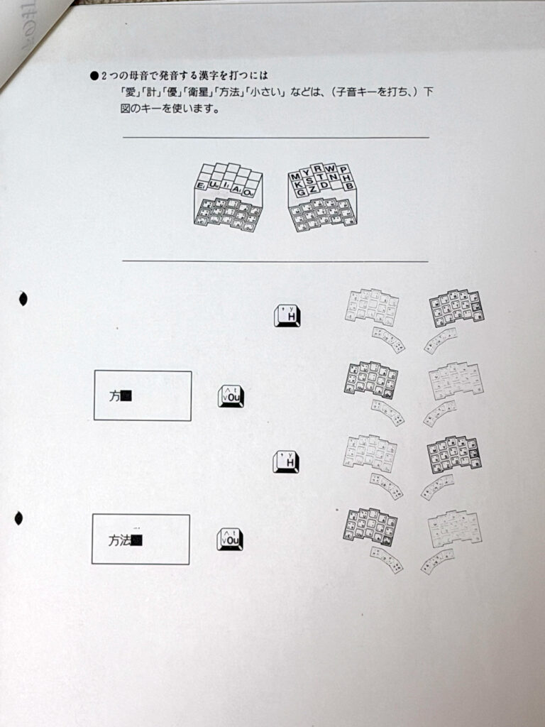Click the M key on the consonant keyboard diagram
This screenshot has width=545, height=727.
pyautogui.click(x=295, y=176)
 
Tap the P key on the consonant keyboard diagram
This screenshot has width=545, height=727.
pyautogui.click(x=343, y=170)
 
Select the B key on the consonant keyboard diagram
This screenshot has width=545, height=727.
pyautogui.click(x=348, y=186)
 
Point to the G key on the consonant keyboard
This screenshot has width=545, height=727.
pyautogui.click(x=302, y=192)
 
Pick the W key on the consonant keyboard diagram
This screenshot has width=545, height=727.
pyautogui.click(x=331, y=169)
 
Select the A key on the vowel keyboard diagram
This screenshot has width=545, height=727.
pyautogui.click(x=236, y=190)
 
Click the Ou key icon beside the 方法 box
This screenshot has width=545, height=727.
pyautogui.click(x=230, y=540)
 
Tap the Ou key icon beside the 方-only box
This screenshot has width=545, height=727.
pyautogui.click(x=231, y=396)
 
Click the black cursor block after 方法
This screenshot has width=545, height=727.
pyautogui.click(x=138, y=541)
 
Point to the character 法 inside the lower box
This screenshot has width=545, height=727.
pyautogui.click(x=125, y=541)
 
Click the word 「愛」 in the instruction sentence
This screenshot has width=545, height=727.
pyautogui.click(x=128, y=92)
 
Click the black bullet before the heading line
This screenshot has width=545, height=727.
pyautogui.click(x=94, y=75)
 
